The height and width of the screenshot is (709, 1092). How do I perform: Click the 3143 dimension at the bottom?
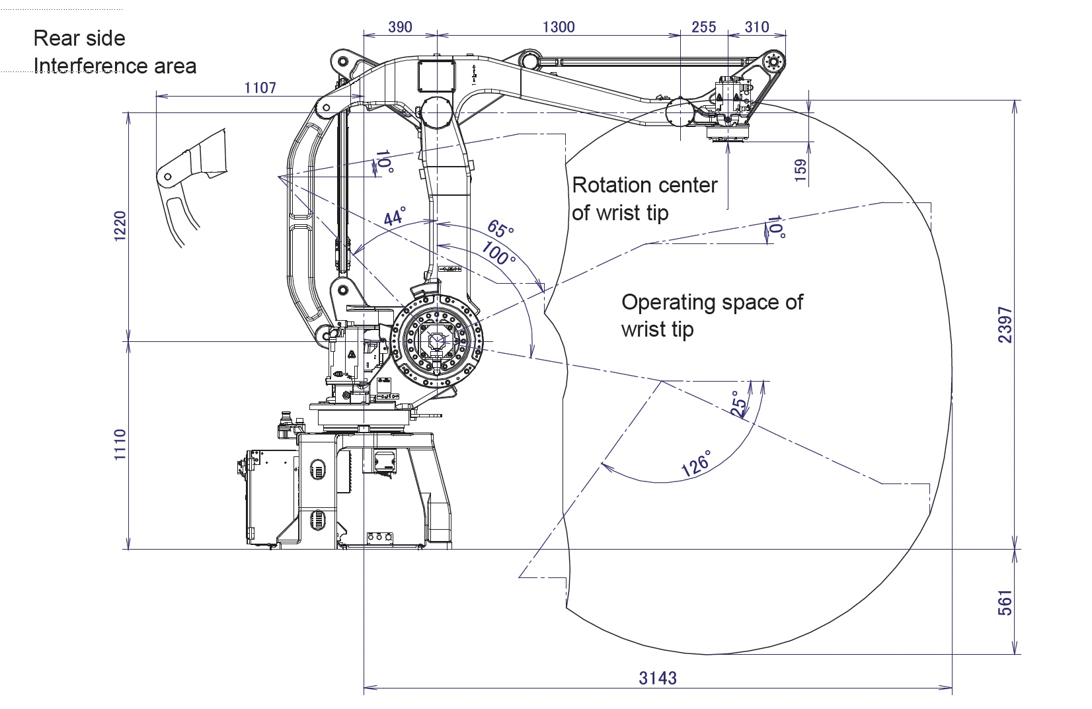pyautogui.click(x=658, y=678)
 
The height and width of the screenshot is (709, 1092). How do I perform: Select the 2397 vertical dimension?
pyautogui.click(x=1005, y=324)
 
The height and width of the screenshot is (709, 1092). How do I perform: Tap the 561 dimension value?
pyautogui.click(x=1005, y=603)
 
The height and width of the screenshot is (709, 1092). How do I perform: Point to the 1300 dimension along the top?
pyautogui.click(x=559, y=27)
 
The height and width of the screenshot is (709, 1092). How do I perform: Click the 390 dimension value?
pyautogui.click(x=400, y=27)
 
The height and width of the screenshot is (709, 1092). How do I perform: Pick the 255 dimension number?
pyautogui.click(x=703, y=27)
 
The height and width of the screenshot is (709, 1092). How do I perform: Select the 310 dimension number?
pyautogui.click(x=757, y=27)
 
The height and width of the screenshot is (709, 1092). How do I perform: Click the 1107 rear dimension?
pyautogui.click(x=260, y=87)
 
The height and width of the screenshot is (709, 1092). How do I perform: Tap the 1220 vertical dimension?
pyautogui.click(x=120, y=227)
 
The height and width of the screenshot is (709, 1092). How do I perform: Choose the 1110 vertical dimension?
pyautogui.click(x=120, y=444)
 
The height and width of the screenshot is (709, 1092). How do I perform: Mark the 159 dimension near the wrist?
pyautogui.click(x=800, y=171)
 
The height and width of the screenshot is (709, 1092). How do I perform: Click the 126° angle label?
pyautogui.click(x=696, y=464)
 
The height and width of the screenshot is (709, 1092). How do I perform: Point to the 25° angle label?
pyautogui.click(x=738, y=403)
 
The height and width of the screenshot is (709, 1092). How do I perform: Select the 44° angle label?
pyautogui.click(x=394, y=216)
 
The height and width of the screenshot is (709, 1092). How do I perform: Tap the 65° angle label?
pyautogui.click(x=500, y=229)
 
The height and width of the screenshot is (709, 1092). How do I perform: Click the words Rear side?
pyautogui.click(x=79, y=38)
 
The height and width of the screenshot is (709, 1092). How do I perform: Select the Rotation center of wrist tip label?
pyautogui.click(x=644, y=198)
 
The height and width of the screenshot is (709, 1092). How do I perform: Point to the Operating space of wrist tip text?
pyautogui.click(x=711, y=315)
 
